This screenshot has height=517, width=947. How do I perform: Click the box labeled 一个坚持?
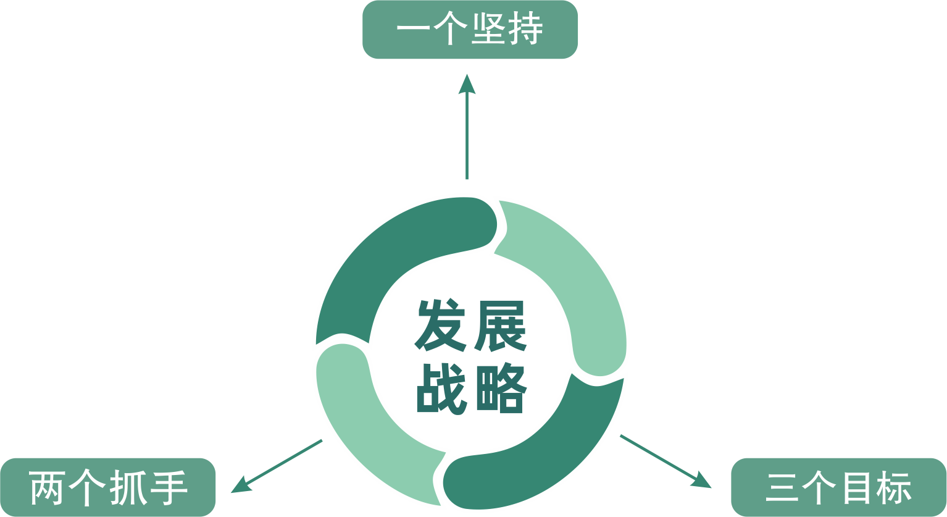(470, 30)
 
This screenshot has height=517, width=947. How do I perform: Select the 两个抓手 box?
(108, 487)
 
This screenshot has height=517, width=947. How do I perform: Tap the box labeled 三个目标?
(838, 487)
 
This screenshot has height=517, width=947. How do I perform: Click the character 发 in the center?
(439, 326)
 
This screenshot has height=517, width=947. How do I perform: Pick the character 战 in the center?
(439, 389)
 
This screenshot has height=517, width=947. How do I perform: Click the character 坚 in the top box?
(489, 30)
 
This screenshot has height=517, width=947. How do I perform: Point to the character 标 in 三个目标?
(894, 487)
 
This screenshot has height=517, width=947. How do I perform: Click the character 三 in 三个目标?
(783, 487)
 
